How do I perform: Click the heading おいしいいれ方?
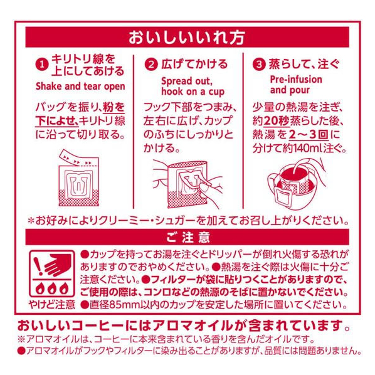coord(187,37)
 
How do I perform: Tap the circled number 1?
coord(42,65)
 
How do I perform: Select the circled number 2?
coord(151,65)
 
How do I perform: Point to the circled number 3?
coord(259,65)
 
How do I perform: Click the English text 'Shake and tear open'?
coord(80,87)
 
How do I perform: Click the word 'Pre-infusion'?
coord(296,80)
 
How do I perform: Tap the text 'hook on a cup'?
coord(193,92)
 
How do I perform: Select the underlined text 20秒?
coord(277,121)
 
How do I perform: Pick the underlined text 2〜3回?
coord(309,135)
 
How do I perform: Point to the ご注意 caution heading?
coord(188,237)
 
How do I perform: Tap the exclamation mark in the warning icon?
coord(38,266)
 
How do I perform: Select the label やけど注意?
coord(51,304)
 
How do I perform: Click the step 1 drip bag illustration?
coord(78,178)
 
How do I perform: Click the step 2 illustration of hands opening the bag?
coord(188,184)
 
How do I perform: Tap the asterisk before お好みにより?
coord(31,221)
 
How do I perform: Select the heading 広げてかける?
coord(194,64)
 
